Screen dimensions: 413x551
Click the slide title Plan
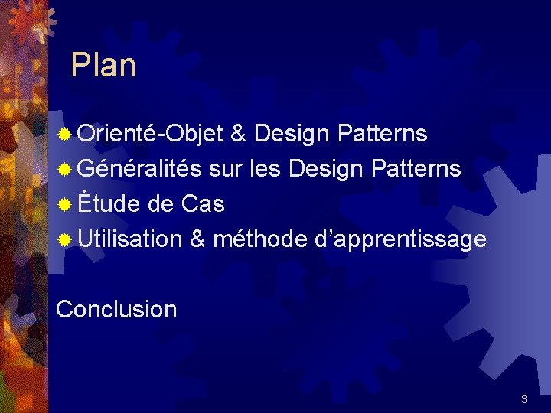103,66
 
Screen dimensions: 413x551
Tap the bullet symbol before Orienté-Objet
66,135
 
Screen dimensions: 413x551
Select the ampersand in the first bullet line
238,135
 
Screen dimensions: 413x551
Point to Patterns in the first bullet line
382,135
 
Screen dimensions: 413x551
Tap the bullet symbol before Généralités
66,170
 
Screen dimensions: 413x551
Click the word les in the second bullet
268,169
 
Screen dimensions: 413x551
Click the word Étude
108,204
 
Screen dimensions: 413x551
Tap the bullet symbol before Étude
66,205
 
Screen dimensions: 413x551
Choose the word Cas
203,204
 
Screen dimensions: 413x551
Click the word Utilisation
129,239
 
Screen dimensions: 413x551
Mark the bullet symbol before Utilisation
66,240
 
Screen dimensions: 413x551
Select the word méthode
259,239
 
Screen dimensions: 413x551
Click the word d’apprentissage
400,239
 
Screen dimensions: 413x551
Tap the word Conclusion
116,309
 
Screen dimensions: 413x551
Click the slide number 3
523,399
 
